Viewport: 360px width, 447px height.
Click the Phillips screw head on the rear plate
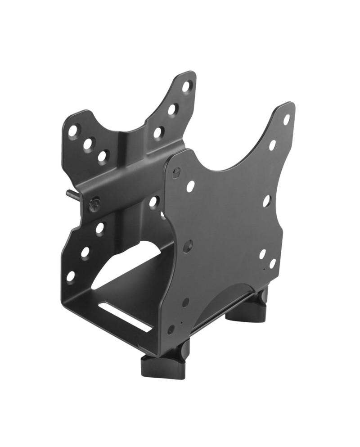point(94,205)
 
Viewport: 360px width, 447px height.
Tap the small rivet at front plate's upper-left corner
point(176,172)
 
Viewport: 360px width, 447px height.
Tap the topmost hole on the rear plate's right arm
point(186,86)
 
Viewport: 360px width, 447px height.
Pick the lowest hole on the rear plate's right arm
point(158,133)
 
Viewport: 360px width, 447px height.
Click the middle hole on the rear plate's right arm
point(172,109)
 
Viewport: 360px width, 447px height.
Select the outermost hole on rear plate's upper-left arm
point(72,131)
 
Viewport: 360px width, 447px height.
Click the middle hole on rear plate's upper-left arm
point(88,144)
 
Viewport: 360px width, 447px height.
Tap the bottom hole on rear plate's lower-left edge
point(71,276)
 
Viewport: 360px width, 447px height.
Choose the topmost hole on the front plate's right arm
point(286,119)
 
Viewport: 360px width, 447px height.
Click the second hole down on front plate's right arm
point(272,145)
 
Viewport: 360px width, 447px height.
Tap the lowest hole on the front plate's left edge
point(171,330)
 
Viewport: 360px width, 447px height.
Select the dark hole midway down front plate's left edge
point(188,246)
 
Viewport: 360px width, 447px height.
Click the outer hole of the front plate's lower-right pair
point(272,263)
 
